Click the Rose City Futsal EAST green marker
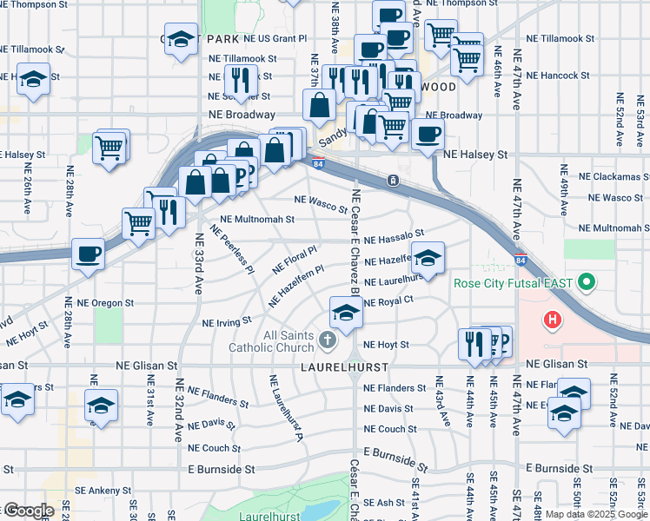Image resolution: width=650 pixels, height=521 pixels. coord(587,283)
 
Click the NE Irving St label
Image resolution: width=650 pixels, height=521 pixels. coord(227,322)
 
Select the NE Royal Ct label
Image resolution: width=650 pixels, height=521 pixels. coord(388,301)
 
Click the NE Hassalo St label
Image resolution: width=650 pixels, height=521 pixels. coord(394,236)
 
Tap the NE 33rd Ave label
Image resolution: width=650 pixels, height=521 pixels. coord(198,263)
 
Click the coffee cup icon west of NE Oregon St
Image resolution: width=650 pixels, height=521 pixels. coord(88,254)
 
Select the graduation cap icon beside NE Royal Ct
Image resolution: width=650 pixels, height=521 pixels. coord(346,312)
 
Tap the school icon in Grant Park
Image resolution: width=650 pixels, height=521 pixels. coord(182,40)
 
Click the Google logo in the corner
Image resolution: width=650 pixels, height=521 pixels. coord(28,511)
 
